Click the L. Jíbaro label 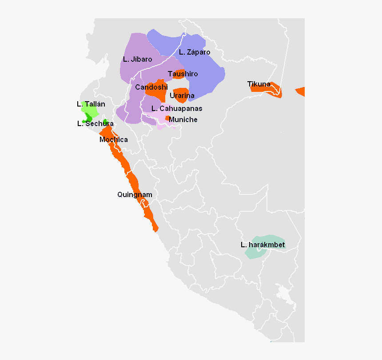(138, 59)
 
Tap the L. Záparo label (195, 52)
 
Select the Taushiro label (183, 74)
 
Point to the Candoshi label (151, 87)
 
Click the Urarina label (182, 95)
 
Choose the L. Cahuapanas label (177, 108)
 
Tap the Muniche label (183, 119)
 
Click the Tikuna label (259, 84)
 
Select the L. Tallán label (91, 104)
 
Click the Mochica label (114, 139)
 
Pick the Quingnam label (135, 194)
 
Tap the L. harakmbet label (263, 245)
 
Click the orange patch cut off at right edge (301, 91)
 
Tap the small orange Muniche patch (167, 118)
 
